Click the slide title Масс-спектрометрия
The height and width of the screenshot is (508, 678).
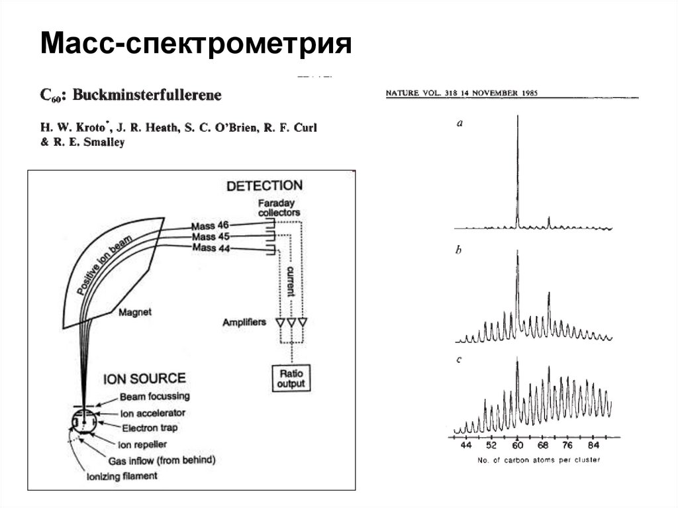point(195,45)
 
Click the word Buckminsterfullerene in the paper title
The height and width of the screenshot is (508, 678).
point(147,95)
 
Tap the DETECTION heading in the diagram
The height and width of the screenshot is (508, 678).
point(264,186)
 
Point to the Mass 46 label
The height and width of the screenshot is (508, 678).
point(210,225)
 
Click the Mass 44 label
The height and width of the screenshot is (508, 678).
point(210,248)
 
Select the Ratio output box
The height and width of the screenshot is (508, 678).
point(291,378)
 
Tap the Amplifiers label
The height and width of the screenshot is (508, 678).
point(244,323)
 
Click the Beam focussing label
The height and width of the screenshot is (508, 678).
point(154,396)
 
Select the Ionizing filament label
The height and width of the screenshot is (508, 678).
point(122,476)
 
